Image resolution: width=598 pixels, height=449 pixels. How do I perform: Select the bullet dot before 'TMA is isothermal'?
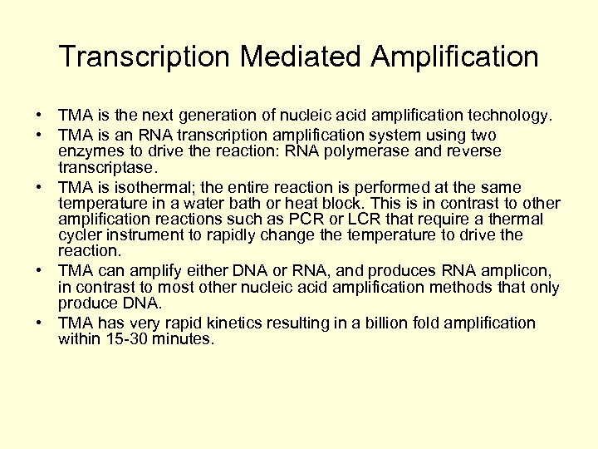point(40,187)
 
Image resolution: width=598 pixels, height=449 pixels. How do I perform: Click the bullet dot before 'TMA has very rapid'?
point(40,323)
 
